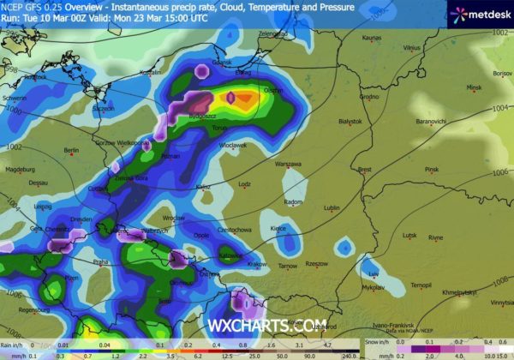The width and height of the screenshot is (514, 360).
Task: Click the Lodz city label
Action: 245,183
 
